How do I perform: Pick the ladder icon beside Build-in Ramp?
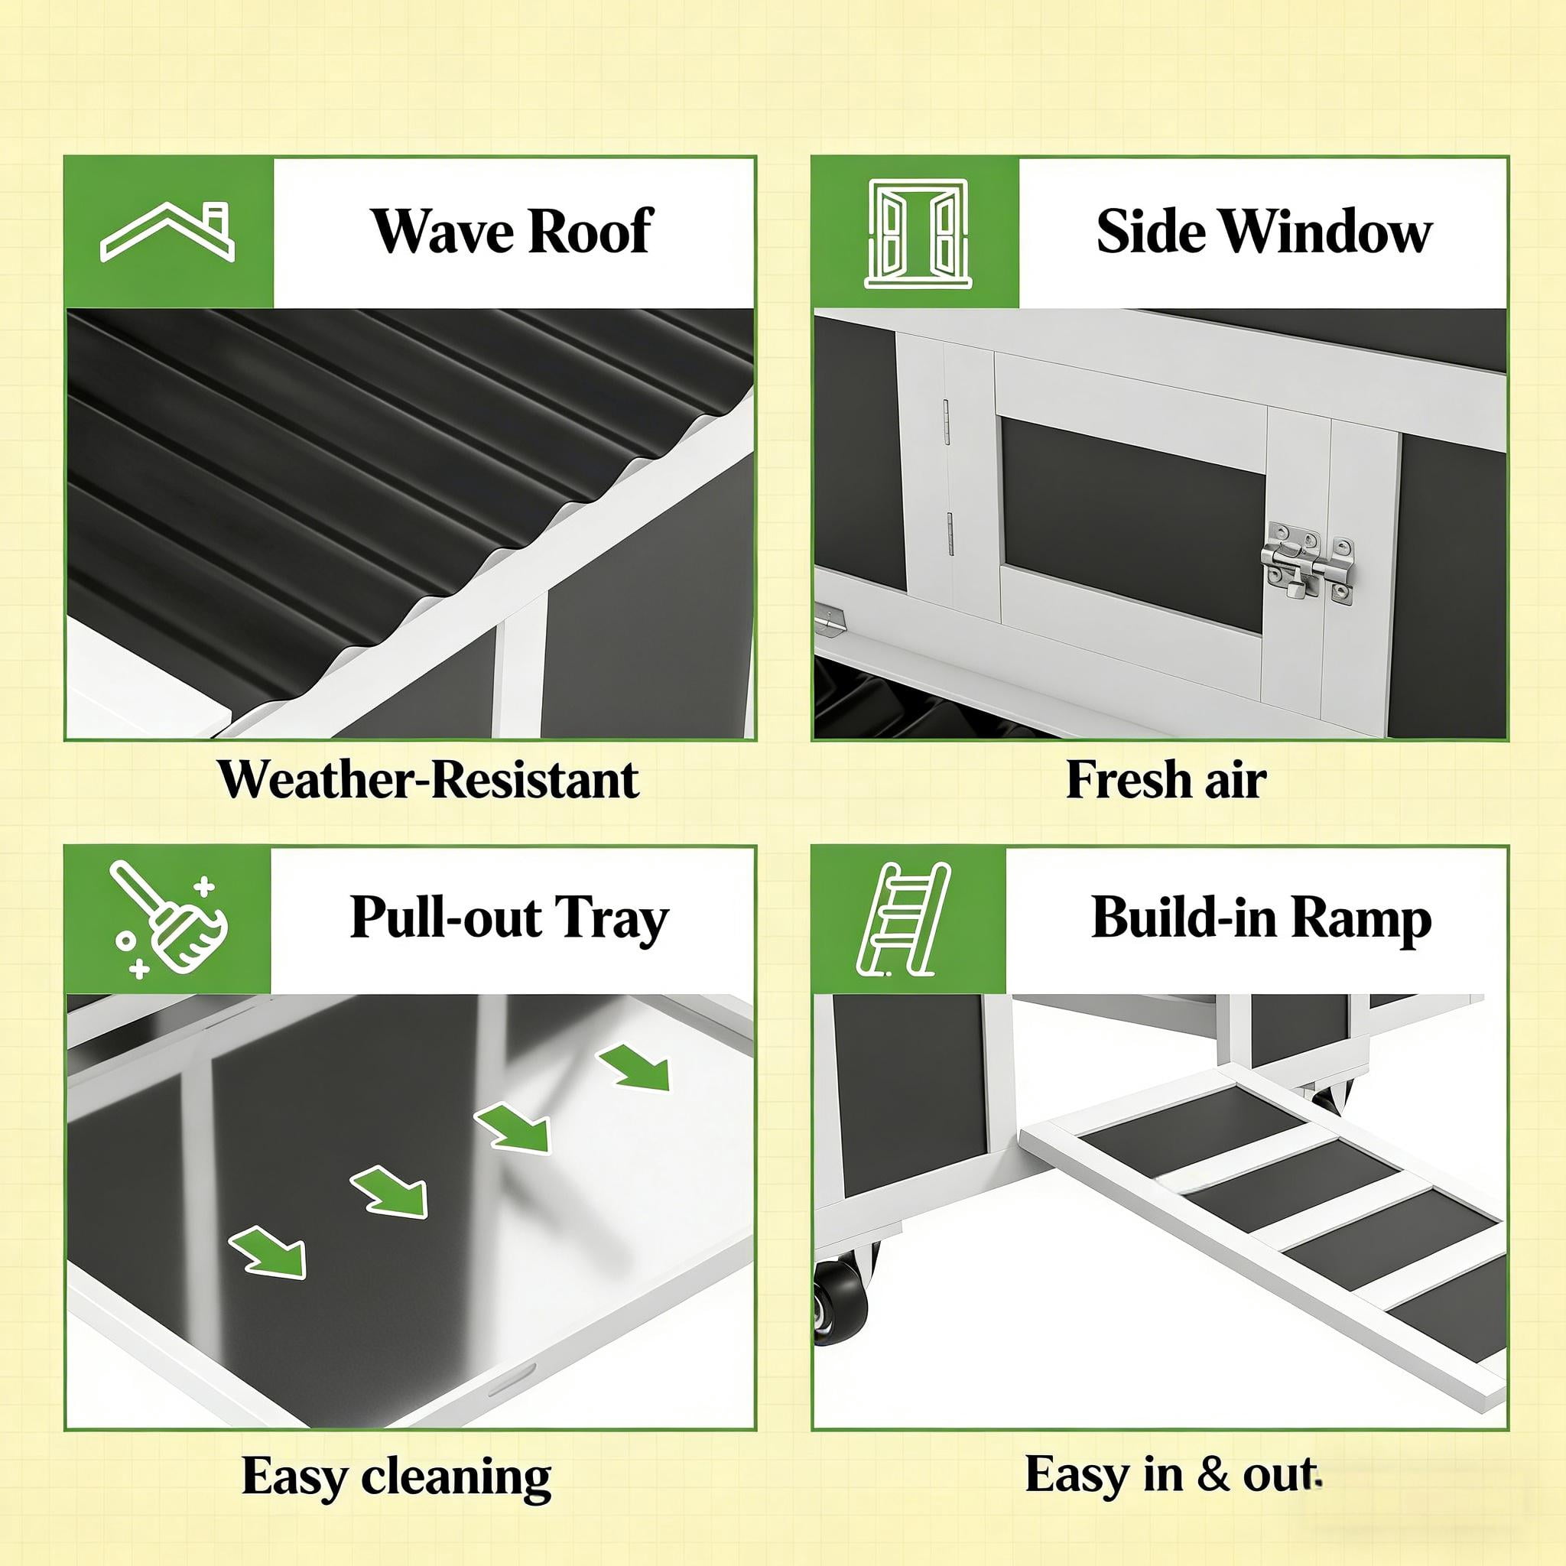point(903,918)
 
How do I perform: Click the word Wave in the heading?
point(440,232)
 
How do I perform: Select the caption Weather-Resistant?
point(429,780)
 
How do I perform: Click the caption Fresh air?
point(1165,780)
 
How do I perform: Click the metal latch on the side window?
point(1307,563)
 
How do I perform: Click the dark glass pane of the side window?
point(1132,526)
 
